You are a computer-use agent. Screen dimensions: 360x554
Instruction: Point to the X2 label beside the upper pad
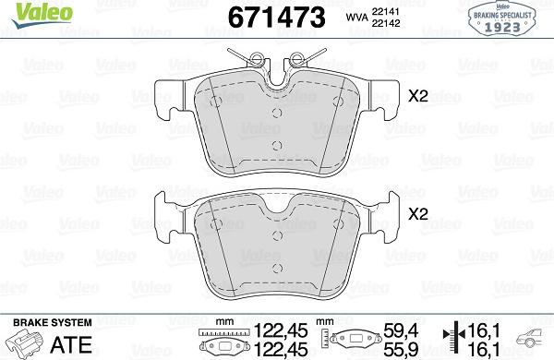point(418,93)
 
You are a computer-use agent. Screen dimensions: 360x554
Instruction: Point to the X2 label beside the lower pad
point(418,212)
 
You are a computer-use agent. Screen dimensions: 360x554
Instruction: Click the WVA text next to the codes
point(355,16)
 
